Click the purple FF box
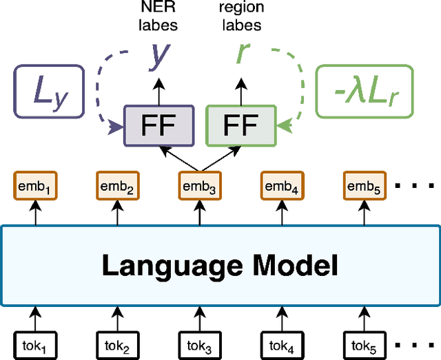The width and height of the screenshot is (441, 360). pos(158,126)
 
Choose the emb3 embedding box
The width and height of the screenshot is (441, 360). pos(198,186)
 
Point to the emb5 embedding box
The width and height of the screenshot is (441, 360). pos(363,186)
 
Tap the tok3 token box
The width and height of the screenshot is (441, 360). pos(198,343)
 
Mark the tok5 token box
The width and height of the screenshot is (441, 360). pos(363,343)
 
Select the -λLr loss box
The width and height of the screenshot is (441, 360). pos(364,91)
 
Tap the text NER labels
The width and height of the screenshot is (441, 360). pos(158,17)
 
